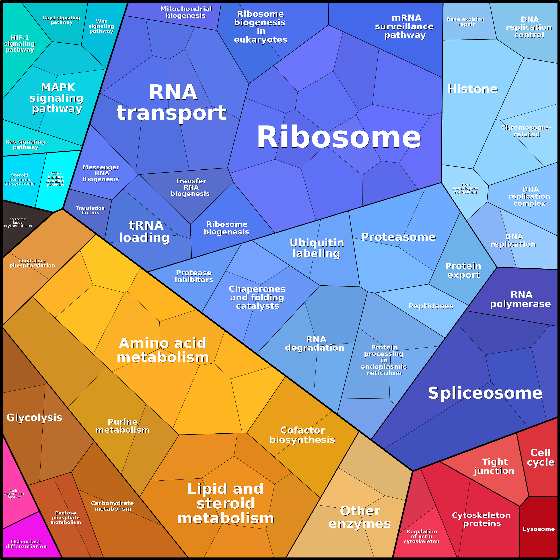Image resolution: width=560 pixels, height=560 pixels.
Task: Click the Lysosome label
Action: [x=539, y=529]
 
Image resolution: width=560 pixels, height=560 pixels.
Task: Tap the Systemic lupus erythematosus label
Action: [x=18, y=222]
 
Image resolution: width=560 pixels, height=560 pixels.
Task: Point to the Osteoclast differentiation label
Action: [x=26, y=544]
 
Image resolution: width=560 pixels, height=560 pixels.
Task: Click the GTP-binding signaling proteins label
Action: [x=55, y=179]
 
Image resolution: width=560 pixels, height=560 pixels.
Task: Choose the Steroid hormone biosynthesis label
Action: [x=19, y=179]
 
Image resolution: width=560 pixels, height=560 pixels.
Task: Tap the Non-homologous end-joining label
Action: [x=465, y=188]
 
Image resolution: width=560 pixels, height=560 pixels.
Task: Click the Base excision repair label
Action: [x=466, y=22]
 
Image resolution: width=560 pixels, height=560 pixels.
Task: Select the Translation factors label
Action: [x=90, y=210]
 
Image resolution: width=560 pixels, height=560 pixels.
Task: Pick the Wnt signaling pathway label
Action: [x=101, y=26]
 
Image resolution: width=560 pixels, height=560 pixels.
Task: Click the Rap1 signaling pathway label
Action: [x=62, y=20]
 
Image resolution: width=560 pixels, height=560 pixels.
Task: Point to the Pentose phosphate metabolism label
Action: [x=66, y=517]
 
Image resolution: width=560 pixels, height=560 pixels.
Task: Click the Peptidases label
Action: [x=431, y=306]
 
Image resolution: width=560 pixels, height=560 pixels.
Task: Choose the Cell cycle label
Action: [x=541, y=457]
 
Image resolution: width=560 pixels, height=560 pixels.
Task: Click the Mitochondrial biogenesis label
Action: [x=186, y=12]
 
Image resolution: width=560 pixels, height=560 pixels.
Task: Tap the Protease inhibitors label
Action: [x=194, y=276]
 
